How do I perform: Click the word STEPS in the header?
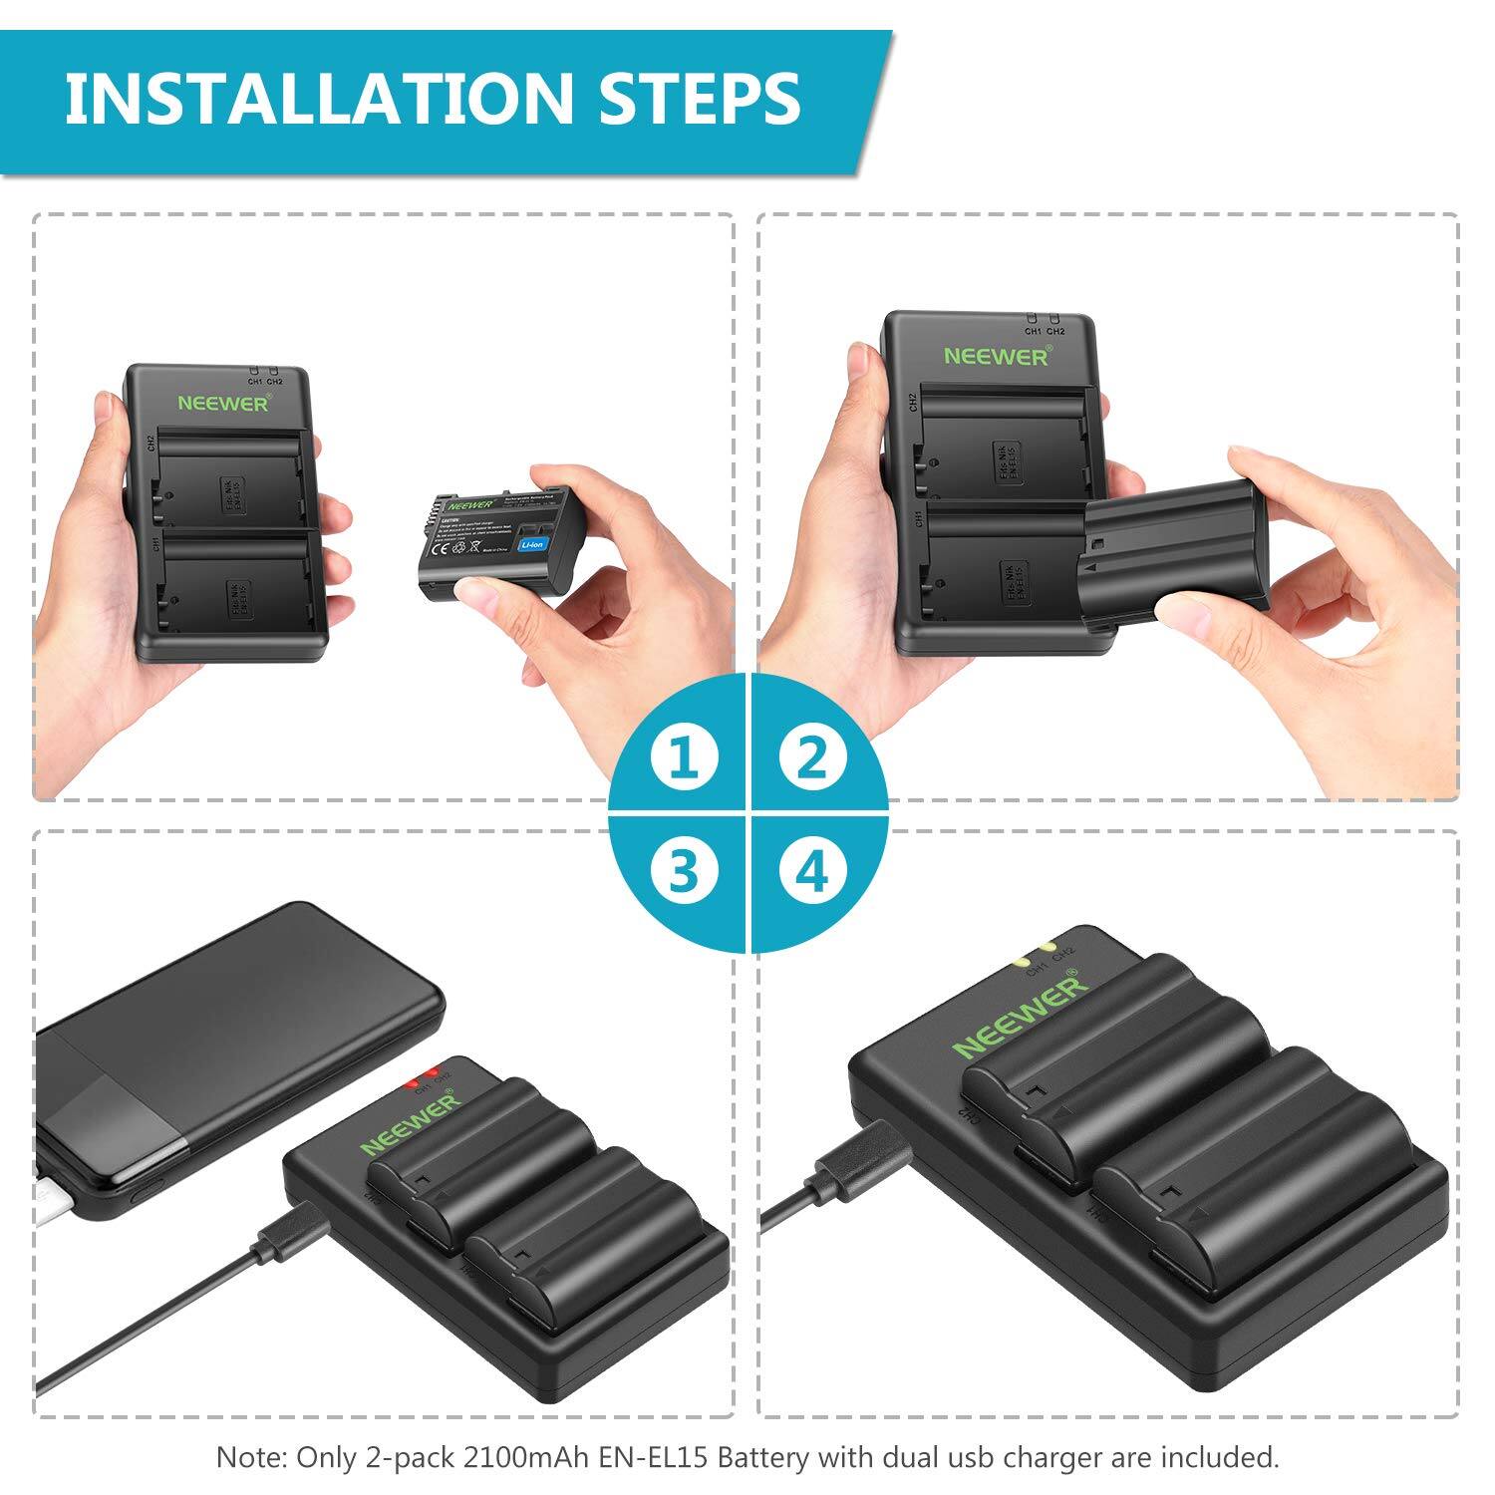700,99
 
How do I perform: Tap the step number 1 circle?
684,757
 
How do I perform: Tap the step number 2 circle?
813,757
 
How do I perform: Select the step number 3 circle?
684,872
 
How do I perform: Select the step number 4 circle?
813,872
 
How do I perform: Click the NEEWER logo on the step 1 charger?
223,403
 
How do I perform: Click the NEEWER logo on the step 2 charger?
996,356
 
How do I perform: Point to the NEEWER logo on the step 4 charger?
1021,1017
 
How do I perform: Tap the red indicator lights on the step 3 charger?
421,1078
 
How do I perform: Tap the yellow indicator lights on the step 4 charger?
1033,955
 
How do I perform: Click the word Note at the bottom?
249,1457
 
